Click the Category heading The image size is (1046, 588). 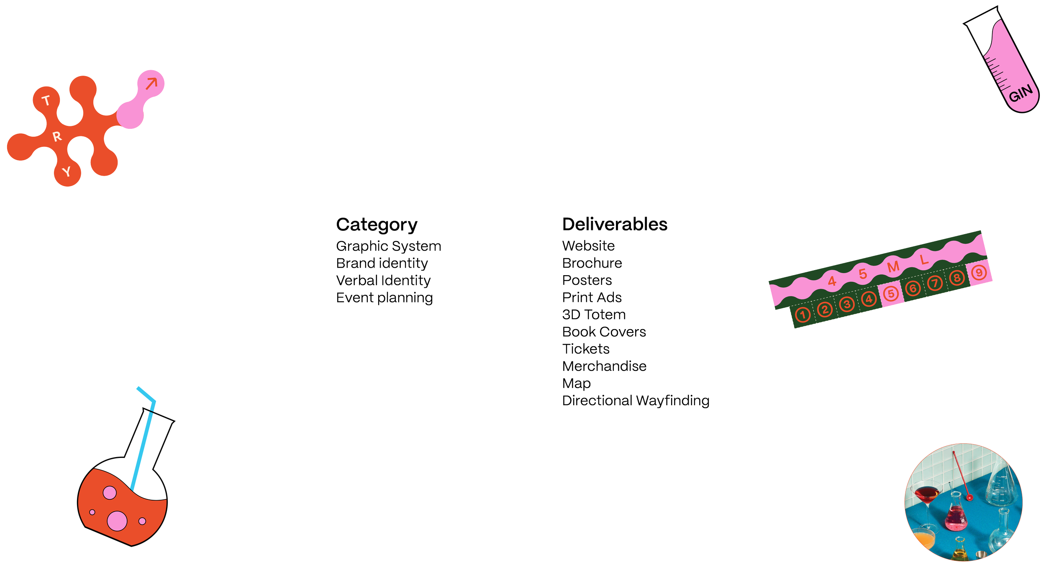(x=377, y=225)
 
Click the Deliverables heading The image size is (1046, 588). (x=615, y=224)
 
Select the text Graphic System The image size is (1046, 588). (x=388, y=246)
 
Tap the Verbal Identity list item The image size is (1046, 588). (x=383, y=280)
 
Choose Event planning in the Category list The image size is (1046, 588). (x=385, y=298)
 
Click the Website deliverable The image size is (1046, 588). (x=588, y=245)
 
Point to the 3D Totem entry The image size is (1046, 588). (x=594, y=314)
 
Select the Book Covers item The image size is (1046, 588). (x=604, y=332)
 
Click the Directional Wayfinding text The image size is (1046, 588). (x=636, y=400)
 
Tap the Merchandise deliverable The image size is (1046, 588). (x=604, y=366)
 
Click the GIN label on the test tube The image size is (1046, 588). (x=1020, y=94)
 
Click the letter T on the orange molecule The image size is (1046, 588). (x=46, y=100)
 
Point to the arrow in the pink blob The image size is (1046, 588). (x=151, y=83)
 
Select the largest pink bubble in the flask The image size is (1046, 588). (x=117, y=521)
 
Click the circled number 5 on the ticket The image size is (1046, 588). (x=891, y=294)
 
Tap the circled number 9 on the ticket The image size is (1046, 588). (x=979, y=273)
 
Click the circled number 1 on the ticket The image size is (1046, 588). (x=802, y=314)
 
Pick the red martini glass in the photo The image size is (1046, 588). (x=927, y=493)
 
